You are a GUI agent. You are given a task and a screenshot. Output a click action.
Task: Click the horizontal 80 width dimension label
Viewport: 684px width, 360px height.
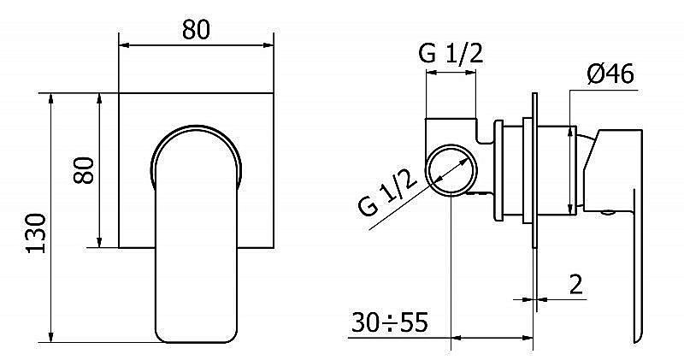pyautogui.click(x=196, y=30)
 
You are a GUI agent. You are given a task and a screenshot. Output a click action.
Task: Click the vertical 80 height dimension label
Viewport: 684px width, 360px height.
pyautogui.click(x=84, y=171)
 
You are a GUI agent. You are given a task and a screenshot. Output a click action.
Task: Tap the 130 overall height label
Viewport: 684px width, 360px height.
pyautogui.click(x=36, y=233)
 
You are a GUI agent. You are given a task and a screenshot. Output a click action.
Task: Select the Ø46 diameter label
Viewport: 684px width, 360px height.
pyautogui.click(x=610, y=74)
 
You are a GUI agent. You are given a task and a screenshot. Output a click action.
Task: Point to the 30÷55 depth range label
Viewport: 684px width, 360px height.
pyautogui.click(x=390, y=322)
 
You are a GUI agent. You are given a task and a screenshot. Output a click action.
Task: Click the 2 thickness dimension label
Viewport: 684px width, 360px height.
pyautogui.click(x=575, y=285)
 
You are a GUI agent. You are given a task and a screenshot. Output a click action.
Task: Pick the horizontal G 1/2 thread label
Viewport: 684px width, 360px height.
pyautogui.click(x=451, y=54)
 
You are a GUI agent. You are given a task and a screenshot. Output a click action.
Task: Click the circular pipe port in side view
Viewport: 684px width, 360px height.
pyautogui.click(x=451, y=169)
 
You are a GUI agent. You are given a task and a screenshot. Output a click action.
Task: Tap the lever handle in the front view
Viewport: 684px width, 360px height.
pyautogui.click(x=197, y=234)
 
